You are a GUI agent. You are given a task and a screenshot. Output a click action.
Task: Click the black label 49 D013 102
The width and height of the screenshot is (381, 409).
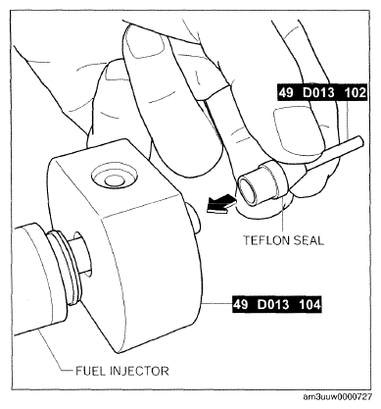pyautogui.click(x=322, y=93)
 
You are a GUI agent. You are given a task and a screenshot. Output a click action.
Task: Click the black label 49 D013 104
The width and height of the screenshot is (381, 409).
pyautogui.click(x=277, y=305)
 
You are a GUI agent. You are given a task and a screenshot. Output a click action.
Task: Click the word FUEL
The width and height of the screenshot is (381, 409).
pyautogui.click(x=90, y=371)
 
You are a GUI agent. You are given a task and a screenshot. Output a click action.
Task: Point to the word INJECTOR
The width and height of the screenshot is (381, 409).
pyautogui.click(x=140, y=371)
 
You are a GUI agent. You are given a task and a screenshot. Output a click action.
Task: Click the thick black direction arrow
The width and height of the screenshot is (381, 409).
pyautogui.click(x=220, y=204)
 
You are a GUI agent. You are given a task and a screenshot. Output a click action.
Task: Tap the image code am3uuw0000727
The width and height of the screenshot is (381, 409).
pyautogui.click(x=337, y=397)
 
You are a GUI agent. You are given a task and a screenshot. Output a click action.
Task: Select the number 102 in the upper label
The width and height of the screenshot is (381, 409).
pyautogui.click(x=356, y=93)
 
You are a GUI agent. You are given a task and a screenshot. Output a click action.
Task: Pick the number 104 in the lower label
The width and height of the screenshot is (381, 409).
pyautogui.click(x=310, y=305)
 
